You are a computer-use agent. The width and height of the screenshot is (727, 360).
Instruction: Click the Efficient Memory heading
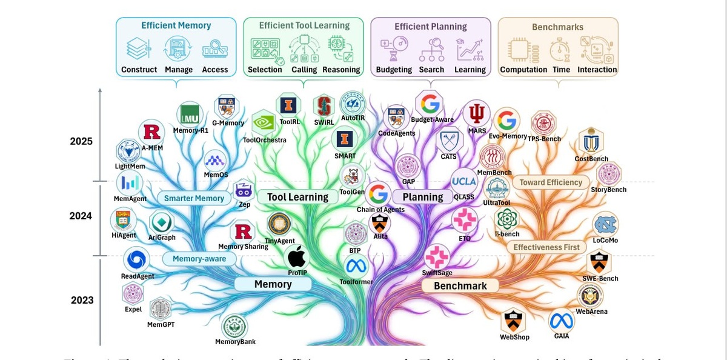point(176,25)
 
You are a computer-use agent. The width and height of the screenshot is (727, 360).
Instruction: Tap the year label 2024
point(81,216)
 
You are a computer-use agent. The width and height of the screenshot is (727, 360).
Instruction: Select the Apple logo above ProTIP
point(297,257)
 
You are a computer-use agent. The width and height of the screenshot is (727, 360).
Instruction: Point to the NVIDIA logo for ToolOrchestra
point(264,123)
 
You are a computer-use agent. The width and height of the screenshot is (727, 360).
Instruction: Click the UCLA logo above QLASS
point(464,181)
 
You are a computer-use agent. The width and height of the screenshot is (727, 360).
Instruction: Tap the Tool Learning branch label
point(297,197)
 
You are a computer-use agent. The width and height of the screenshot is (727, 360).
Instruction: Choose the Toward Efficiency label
point(551,182)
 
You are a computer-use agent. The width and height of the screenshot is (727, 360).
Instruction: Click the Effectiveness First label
point(546,247)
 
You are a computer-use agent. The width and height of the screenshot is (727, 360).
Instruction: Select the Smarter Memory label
point(194,198)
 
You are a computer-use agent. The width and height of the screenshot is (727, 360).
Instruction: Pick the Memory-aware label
point(199,259)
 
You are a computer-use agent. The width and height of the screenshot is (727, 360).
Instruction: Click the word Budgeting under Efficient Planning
point(394,70)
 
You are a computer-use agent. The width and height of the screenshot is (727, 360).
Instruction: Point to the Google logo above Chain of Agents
point(379,194)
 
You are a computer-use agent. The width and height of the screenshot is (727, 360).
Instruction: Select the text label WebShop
point(514,337)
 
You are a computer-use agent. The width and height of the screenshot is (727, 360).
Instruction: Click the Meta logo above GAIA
point(561,321)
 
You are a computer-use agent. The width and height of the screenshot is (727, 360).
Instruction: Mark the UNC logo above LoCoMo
point(605,225)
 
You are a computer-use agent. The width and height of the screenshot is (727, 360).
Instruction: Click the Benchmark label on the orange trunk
point(460,285)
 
